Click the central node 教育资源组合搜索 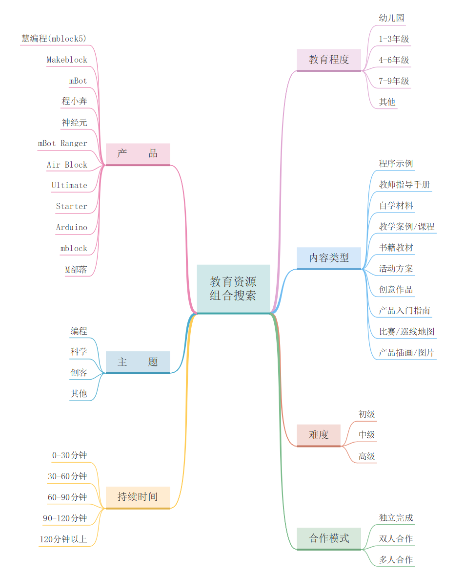click(233, 288)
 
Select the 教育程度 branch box click(329, 60)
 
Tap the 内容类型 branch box click(329, 257)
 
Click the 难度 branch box click(319, 434)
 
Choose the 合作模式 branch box click(329, 538)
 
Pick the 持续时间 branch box click(138, 497)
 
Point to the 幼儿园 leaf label click(391, 18)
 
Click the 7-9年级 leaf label click(394, 81)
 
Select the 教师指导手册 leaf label click(404, 185)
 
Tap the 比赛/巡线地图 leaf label click(406, 332)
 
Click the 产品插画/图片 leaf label click(406, 353)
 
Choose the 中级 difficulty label click(367, 435)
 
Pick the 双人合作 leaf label click(396, 539)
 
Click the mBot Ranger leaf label click(62, 144)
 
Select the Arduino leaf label click(72, 228)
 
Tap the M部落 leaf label click(76, 270)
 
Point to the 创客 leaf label click(79, 373)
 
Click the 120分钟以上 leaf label click(63, 540)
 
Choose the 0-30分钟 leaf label click(70, 455)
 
